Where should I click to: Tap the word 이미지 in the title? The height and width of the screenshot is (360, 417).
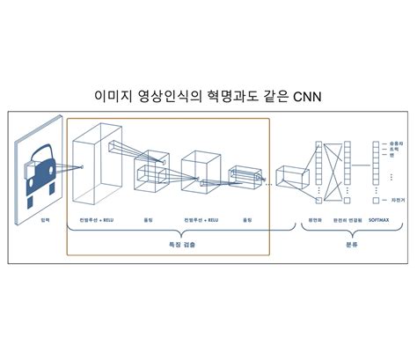114,95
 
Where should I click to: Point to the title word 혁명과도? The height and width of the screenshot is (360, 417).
230,95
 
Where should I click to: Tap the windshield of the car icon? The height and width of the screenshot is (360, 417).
40,161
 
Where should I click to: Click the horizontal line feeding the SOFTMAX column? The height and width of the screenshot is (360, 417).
362,167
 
